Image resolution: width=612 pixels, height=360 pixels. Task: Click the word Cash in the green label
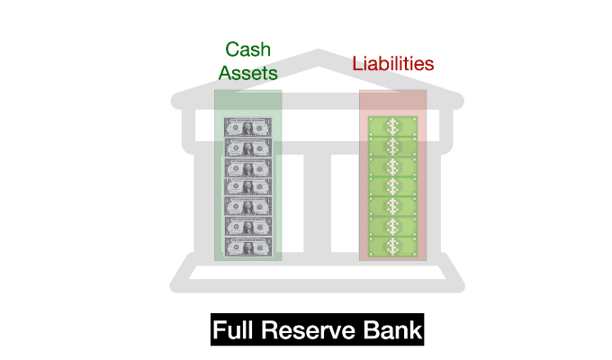248,49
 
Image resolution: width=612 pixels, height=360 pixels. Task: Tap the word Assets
248,73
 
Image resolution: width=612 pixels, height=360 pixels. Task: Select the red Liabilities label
392,64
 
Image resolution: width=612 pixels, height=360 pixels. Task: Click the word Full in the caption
236,331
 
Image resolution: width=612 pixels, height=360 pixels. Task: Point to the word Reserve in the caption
313,331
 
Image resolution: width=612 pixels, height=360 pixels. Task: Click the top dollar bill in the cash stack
248,128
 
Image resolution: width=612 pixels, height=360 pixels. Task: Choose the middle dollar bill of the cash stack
248,187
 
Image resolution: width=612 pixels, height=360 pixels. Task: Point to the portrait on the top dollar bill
248,128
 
